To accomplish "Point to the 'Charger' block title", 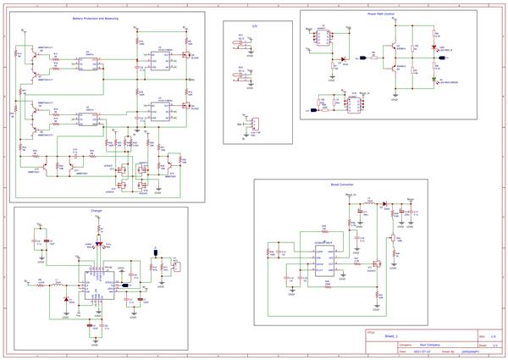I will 97,211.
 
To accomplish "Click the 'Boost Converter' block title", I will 341,183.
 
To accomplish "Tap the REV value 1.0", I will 493,337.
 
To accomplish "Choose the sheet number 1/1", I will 494,346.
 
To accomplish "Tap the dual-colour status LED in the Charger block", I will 98,246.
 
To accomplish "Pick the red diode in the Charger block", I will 66,297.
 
